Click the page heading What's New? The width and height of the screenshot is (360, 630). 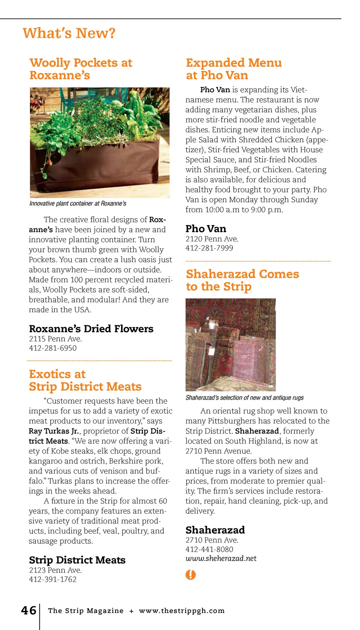click(69, 33)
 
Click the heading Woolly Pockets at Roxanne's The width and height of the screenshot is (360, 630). click(81, 69)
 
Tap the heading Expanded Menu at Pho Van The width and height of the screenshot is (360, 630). click(234, 69)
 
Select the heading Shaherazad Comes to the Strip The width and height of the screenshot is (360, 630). click(242, 280)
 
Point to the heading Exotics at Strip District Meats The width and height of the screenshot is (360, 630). click(85, 380)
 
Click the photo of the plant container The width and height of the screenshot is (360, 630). click(100, 142)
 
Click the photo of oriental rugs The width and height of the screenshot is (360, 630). click(231, 345)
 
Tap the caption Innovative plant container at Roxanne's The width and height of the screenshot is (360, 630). click(78, 204)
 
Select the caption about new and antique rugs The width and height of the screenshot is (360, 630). click(244, 398)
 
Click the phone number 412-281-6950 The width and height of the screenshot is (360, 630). click(53, 348)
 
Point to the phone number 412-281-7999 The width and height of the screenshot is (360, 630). click(209, 248)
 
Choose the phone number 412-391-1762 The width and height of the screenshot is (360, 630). click(53, 579)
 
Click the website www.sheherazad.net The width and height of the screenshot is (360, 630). click(221, 558)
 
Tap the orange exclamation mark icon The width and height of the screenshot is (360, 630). click(190, 574)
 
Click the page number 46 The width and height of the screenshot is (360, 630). click(28, 610)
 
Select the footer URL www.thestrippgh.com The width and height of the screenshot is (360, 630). click(182, 610)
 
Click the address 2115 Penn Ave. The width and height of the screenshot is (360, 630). click(55, 339)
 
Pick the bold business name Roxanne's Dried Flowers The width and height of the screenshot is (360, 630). click(91, 329)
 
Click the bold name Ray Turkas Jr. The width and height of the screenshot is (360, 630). click(54, 431)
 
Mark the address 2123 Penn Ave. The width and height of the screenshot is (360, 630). click(55, 570)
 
